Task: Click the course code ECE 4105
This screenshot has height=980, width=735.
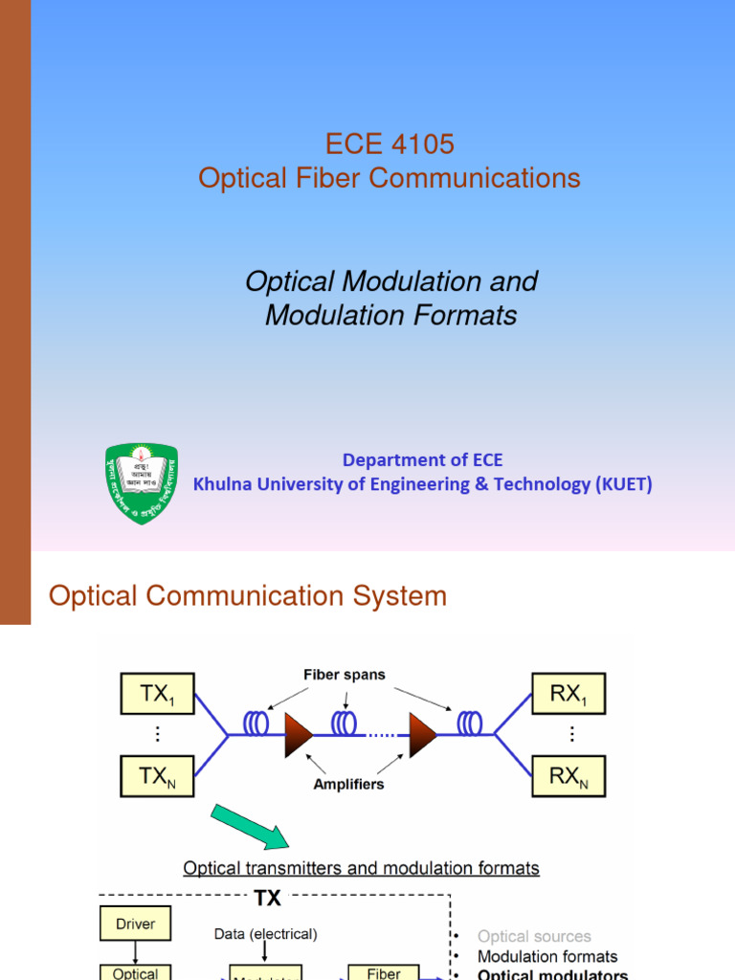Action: [390, 145]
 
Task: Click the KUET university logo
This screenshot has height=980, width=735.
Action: [140, 483]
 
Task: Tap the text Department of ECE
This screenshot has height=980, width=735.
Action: [422, 459]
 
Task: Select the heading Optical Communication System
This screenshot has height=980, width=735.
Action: [248, 596]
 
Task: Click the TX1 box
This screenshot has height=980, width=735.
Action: [157, 695]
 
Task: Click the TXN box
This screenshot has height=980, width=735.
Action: [157, 776]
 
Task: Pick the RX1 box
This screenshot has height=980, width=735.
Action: [569, 695]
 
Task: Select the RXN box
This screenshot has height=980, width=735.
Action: [569, 776]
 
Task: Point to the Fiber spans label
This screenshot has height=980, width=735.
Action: [345, 675]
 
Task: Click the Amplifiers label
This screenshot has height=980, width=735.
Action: [347, 784]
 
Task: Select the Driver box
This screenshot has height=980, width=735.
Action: [135, 924]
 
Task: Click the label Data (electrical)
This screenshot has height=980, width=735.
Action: [265, 933]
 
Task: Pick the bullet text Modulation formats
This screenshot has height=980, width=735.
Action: [547, 956]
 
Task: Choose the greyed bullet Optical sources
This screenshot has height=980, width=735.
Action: [534, 936]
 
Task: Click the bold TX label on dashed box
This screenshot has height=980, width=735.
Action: [267, 898]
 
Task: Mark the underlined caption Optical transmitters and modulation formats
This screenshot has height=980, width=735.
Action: [361, 869]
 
